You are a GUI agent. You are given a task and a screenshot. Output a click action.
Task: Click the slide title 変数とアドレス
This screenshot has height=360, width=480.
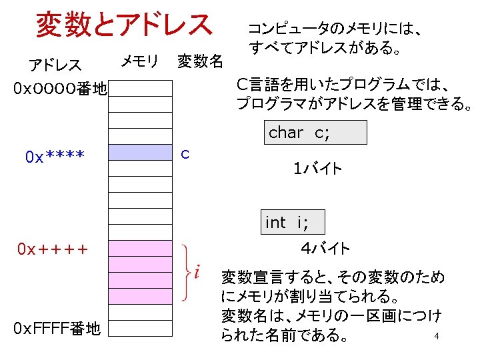pos(123,25)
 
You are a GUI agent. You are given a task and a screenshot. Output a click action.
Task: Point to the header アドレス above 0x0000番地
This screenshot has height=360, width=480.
pos(55,65)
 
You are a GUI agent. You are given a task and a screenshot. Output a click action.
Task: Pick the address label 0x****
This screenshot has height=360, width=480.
pos(55,157)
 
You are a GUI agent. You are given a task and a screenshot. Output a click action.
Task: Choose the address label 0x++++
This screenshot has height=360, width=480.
pos(53,249)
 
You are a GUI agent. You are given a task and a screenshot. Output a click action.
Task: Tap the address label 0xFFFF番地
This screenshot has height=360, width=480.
pos(57,328)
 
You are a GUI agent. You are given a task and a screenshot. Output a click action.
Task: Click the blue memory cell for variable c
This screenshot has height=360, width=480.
pos(140,153)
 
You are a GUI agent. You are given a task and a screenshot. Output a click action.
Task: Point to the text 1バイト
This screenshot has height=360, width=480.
pos(318,169)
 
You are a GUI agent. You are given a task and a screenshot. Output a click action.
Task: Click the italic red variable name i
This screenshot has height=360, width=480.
pos(197,272)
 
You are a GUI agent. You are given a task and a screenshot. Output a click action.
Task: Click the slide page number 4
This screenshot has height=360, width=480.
pos(436,336)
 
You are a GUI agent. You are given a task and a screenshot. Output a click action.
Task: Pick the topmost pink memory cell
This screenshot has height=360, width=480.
pos(140,249)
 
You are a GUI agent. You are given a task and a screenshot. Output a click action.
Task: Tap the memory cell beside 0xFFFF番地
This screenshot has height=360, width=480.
pos(140,328)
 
